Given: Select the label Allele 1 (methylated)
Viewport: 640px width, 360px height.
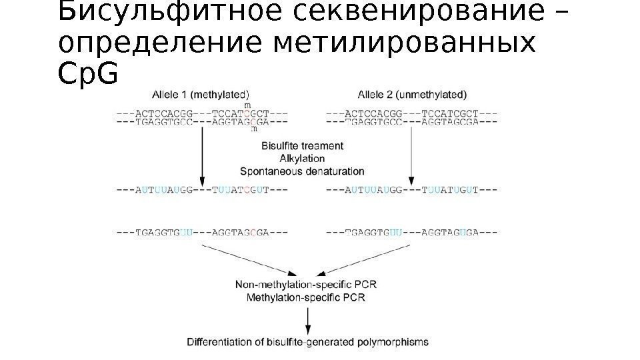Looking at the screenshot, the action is (201, 94).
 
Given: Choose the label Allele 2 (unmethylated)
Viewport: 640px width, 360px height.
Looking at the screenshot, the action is (412, 94).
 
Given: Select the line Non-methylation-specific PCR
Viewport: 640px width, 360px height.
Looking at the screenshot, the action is (306, 285).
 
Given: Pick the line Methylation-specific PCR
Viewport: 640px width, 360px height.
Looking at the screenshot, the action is (306, 297).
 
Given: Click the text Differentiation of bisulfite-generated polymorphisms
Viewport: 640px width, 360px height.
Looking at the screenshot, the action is (307, 342).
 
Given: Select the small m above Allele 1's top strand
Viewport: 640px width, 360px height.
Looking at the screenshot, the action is (248, 105).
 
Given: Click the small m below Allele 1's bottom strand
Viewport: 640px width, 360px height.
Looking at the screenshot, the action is (255, 130).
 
